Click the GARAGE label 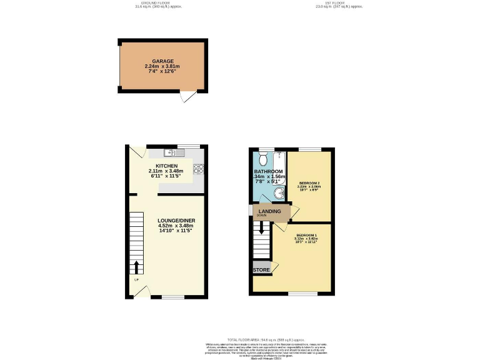pyautogui.click(x=162, y=61)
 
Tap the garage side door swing pyautogui.click(x=186, y=98)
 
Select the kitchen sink pyautogui.click(x=170, y=152)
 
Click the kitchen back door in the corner pyautogui.click(x=137, y=152)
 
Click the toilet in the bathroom pyautogui.click(x=262, y=157)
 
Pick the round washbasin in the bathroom pyautogui.click(x=278, y=194)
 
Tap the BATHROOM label pyautogui.click(x=269, y=171)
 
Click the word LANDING pyautogui.click(x=269, y=211)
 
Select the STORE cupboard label pyautogui.click(x=261, y=270)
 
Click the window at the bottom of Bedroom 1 pyautogui.click(x=303, y=293)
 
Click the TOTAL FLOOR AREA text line pyautogui.click(x=240, y=339)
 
